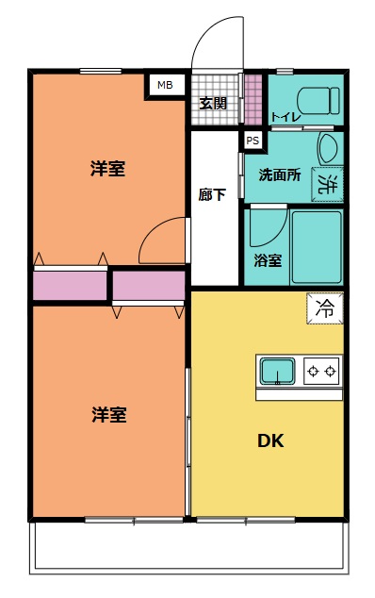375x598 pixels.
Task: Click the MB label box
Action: coord(165,85)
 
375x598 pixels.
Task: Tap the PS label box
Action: coord(252,140)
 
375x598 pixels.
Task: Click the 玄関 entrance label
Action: coord(213,103)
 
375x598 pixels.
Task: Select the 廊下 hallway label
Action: coord(212,195)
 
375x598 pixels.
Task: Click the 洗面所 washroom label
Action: coord(280,174)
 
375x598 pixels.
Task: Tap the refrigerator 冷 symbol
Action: coord(324,307)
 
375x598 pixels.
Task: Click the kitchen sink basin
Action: coord(278,372)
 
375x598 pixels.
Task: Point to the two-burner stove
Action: coord(320,372)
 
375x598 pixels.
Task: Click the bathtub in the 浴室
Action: coord(316,247)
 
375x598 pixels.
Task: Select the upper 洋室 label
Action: coord(108,170)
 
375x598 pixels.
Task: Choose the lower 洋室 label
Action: coord(108,414)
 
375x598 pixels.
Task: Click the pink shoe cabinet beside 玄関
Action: coord(253,97)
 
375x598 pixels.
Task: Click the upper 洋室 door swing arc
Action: coord(162,241)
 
